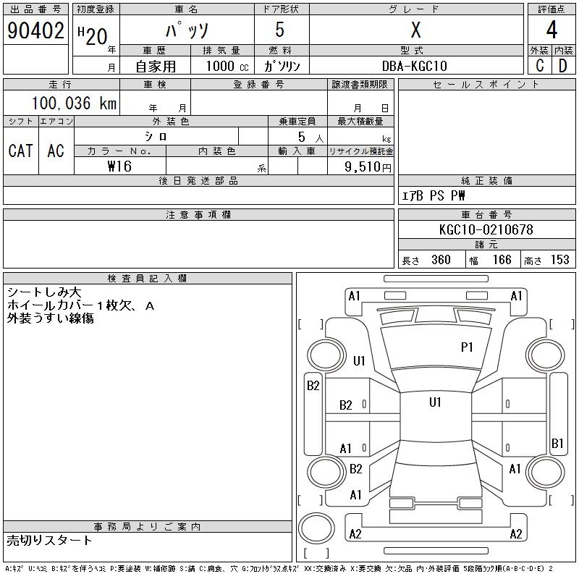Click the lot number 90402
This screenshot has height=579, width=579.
point(34,31)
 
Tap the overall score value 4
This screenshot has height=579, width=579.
point(551,31)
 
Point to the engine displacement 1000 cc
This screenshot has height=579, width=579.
point(224,66)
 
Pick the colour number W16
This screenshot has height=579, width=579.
point(119,166)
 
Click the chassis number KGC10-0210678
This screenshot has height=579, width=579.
point(486,229)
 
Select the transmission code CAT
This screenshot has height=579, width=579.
point(20,151)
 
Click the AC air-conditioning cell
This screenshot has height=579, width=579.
point(56,151)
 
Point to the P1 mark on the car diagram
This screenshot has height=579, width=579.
point(467,347)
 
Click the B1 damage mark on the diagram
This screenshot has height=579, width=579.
point(557,443)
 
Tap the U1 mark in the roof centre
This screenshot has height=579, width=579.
point(435,402)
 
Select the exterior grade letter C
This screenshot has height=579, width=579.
point(539,66)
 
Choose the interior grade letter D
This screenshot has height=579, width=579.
point(562,66)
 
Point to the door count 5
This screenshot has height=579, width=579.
point(282,31)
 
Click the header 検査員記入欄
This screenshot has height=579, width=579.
point(148,278)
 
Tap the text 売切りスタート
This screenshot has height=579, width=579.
point(49,540)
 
